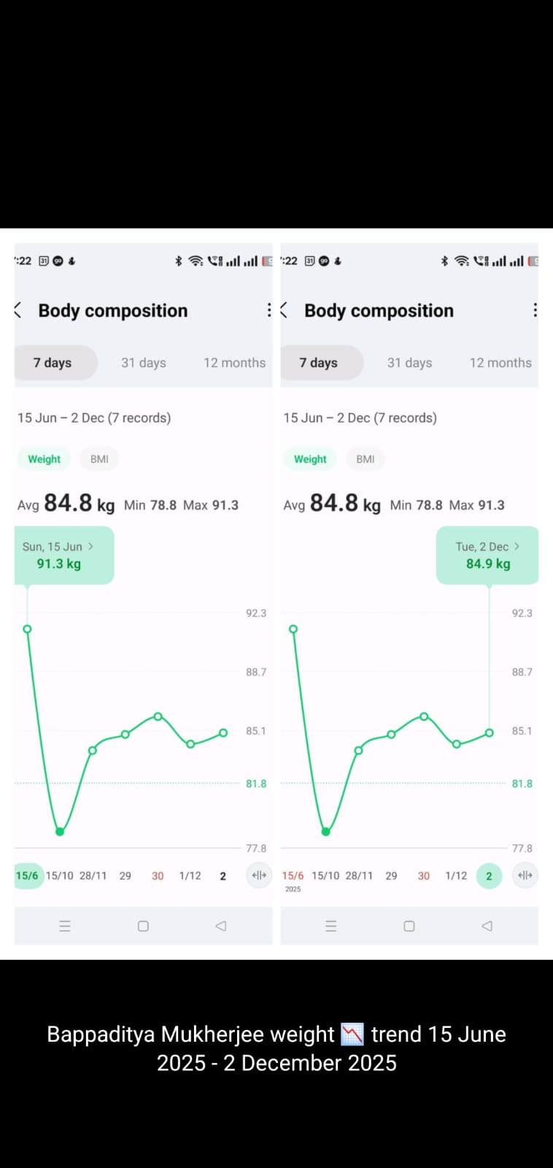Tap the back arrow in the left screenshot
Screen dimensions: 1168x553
(18, 310)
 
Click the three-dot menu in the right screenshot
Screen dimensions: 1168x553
(535, 310)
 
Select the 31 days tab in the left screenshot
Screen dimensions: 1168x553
(144, 363)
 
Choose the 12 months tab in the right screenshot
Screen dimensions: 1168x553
(500, 363)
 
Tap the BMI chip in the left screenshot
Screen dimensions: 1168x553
(99, 459)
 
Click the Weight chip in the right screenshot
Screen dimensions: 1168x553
(310, 459)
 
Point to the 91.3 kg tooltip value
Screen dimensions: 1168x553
(59, 564)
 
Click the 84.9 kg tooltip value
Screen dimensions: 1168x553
(488, 564)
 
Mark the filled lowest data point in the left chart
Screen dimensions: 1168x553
(60, 831)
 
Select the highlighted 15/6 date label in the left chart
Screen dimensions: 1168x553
(27, 875)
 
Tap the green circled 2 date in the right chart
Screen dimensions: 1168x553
(489, 876)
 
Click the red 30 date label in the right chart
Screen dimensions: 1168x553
(424, 876)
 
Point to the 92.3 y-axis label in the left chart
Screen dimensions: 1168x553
(256, 613)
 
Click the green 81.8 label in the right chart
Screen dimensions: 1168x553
(522, 783)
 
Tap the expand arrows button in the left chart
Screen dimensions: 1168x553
(259, 875)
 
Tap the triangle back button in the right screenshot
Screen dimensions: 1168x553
(487, 926)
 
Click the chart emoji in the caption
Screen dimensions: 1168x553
(352, 1034)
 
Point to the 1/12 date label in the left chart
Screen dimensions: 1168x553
(190, 876)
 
